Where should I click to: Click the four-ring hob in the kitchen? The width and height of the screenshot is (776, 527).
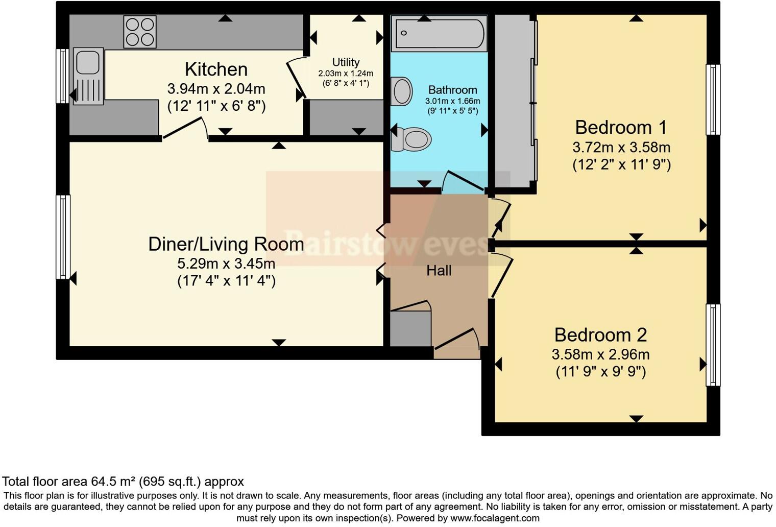[x=140, y=32]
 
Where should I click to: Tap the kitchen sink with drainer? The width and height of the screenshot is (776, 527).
[x=88, y=76]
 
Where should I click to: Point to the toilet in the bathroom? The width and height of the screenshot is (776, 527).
[x=411, y=139]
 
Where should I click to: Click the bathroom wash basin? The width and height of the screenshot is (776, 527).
[x=401, y=91]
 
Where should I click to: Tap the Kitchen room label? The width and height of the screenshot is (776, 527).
[x=216, y=69]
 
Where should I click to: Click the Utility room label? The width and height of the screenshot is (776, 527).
[x=346, y=62]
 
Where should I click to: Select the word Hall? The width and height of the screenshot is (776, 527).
[x=439, y=270]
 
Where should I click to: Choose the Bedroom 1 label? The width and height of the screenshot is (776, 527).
[x=621, y=128]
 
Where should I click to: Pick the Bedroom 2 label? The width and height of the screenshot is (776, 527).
[x=601, y=334]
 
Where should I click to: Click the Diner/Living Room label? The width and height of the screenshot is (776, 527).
[x=226, y=244]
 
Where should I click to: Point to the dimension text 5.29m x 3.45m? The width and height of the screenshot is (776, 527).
[x=226, y=263]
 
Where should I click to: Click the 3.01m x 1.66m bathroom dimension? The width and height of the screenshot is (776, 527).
[x=453, y=101]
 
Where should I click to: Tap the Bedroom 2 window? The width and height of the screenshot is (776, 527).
[x=713, y=345]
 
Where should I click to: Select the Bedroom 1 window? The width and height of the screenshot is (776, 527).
[x=713, y=100]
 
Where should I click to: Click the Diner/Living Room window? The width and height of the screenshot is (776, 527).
[x=63, y=237]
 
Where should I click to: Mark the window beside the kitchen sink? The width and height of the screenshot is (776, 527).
[x=63, y=76]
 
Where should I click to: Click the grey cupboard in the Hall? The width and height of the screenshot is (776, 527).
[x=410, y=328]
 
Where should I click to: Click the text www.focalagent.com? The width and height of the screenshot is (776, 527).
[x=495, y=518]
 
